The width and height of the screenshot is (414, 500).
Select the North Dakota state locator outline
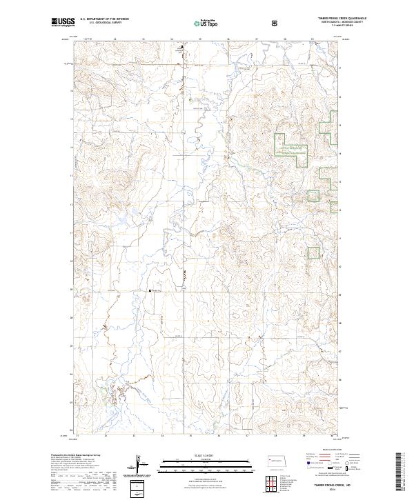point(278,460)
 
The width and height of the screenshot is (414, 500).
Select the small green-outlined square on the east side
point(314,253)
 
